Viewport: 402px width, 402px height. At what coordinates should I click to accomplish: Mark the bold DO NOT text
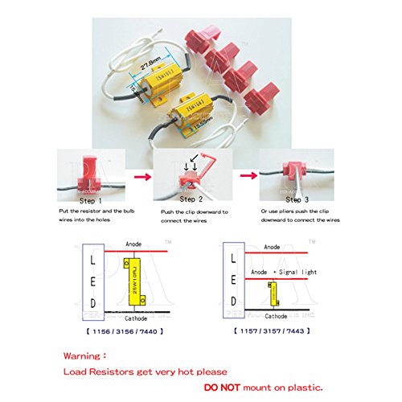(226, 385)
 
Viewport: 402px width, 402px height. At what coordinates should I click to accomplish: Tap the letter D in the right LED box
(234, 301)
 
